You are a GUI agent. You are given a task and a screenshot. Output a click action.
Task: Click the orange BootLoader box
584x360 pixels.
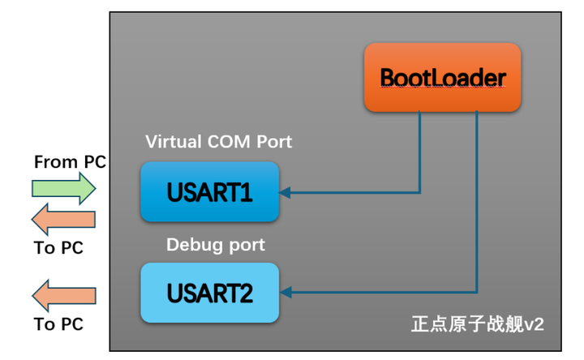[442, 78]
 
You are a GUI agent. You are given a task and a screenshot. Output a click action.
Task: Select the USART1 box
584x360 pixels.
[210, 192]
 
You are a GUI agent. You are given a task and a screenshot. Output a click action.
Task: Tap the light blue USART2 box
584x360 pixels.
[210, 293]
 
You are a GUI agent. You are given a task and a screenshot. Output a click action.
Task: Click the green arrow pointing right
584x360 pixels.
[63, 189]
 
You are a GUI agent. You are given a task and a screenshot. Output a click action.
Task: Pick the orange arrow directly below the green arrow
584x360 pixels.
[63, 220]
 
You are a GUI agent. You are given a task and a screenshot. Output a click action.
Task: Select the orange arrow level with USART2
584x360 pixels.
[63, 293]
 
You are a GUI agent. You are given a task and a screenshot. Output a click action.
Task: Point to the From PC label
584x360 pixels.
[70, 162]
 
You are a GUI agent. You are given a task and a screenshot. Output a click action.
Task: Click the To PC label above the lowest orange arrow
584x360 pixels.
[58, 248]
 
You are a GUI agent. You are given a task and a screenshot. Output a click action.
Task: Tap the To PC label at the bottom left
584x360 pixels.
[58, 324]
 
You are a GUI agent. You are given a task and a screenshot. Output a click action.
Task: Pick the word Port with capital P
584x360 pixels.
[273, 142]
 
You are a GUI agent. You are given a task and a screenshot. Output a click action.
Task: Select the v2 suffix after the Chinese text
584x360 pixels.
[534, 324]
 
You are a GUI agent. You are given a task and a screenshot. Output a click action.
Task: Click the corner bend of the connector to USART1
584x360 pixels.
[419, 193]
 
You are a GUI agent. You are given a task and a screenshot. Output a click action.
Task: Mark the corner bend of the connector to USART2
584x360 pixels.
[476, 293]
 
